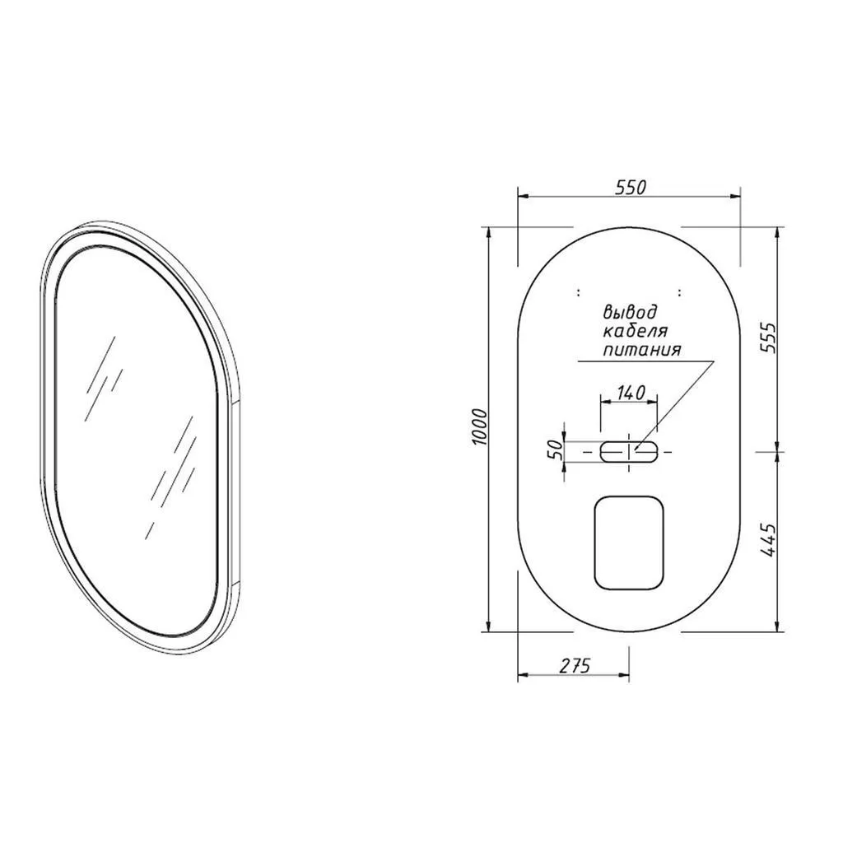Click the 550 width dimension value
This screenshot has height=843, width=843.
click(x=630, y=187)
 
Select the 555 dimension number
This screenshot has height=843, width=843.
click(x=770, y=337)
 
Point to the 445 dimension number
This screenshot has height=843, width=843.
click(x=770, y=539)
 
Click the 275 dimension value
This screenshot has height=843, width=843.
click(x=575, y=665)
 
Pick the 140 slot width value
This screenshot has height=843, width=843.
click(x=631, y=393)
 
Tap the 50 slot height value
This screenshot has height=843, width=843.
click(x=556, y=449)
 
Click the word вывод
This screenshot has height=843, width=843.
click(x=630, y=312)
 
